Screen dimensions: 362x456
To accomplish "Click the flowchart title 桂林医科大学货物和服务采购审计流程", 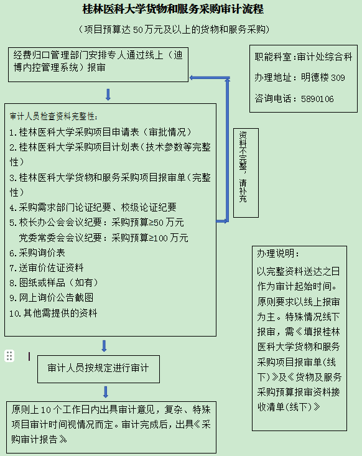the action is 173,9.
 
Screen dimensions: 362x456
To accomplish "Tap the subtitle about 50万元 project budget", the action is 174,29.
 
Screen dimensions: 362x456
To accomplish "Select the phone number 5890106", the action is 317,99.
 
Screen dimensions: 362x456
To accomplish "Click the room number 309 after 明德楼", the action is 338,78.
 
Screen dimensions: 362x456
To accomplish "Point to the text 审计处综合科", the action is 325,57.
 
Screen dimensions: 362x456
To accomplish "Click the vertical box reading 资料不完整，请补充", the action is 246,173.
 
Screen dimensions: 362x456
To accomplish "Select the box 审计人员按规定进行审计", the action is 98,369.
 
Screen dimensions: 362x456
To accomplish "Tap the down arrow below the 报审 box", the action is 108,95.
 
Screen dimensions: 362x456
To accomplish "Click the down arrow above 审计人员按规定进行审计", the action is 104,346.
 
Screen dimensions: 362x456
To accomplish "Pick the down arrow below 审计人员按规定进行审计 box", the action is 106,392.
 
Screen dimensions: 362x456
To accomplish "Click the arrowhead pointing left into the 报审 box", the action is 192,78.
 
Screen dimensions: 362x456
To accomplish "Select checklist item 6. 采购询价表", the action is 37,253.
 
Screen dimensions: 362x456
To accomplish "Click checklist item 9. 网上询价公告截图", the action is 52,297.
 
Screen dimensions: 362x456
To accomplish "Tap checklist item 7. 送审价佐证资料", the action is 47,268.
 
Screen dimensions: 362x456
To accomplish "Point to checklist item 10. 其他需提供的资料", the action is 53,313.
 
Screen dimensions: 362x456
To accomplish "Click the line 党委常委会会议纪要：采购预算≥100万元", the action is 103,238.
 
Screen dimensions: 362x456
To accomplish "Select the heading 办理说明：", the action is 277,253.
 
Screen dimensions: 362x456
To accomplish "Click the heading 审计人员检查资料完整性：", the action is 53,116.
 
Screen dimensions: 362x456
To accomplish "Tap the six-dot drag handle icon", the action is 9,356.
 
